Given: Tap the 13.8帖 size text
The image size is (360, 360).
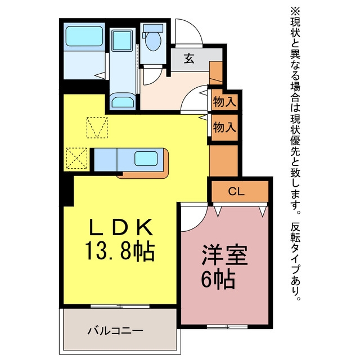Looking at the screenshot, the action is pos(120,251).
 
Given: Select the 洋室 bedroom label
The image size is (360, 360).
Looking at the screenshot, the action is pos(224,255).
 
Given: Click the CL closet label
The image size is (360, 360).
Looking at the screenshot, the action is pos(236,191).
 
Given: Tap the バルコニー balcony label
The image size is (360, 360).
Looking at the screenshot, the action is pos(115,331).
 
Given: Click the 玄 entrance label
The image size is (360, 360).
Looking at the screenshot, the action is pos(189,58).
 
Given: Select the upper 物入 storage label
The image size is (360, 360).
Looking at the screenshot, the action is pos(224,102).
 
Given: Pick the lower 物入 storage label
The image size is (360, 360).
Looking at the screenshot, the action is pos(224,127).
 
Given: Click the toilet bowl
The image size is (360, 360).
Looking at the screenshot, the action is pos(154,41).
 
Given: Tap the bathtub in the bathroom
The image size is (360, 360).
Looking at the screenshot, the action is pos(84,36).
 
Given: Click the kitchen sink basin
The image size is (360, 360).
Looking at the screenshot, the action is pos(146,159).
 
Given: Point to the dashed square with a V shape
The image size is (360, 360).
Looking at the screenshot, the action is pos(97,128).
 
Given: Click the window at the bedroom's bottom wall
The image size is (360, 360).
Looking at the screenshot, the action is pos(227,326).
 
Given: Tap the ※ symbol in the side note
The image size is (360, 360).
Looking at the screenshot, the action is pos(295,11).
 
